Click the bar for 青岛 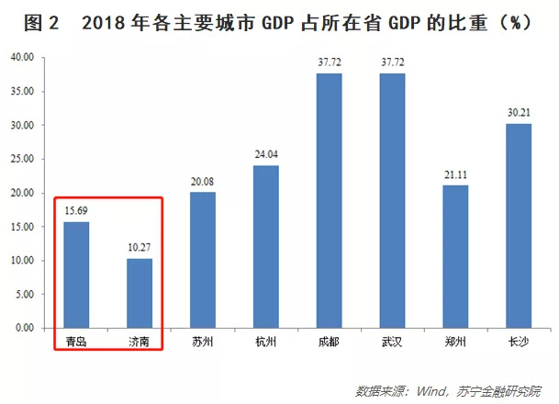coord(76,275)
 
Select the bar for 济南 coord(140,293)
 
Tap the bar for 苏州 coord(203,260)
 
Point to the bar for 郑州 coord(456,256)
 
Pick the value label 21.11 coord(456,176)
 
